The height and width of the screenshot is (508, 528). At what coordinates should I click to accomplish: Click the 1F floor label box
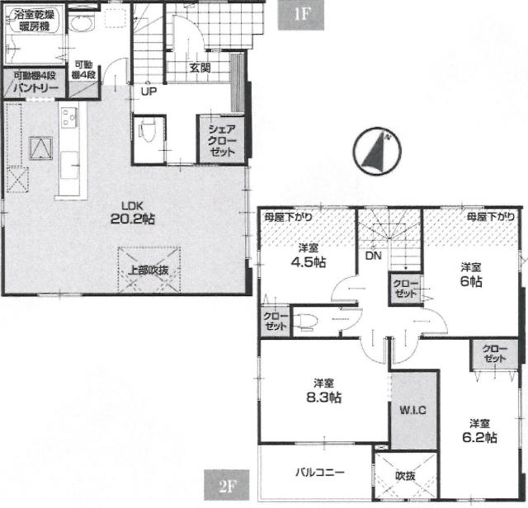click(300, 15)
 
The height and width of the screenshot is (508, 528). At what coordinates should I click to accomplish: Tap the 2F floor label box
click(227, 485)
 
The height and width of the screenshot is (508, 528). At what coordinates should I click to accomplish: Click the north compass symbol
click(377, 151)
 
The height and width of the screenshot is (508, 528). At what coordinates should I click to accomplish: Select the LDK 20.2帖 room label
click(133, 213)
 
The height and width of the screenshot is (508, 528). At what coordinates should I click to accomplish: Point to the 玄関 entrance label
click(200, 68)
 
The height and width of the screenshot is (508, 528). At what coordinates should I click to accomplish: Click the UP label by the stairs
click(148, 92)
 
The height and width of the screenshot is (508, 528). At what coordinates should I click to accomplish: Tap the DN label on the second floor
click(374, 256)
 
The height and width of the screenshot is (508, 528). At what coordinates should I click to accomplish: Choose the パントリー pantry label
click(35, 88)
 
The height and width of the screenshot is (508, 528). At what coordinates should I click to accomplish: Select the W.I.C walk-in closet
click(412, 410)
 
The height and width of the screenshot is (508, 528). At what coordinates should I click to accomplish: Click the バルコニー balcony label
click(320, 472)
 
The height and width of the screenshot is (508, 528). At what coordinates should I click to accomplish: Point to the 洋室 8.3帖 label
click(324, 391)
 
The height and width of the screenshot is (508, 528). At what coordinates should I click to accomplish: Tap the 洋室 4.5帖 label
click(308, 256)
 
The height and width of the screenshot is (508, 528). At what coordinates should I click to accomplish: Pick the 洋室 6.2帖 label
click(479, 431)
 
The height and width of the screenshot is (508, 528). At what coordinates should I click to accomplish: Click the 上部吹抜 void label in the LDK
click(148, 270)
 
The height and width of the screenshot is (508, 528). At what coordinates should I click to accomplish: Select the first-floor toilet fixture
click(147, 132)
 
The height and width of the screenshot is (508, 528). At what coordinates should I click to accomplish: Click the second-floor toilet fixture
click(305, 321)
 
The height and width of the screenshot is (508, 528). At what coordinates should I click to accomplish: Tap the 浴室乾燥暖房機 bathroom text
click(34, 20)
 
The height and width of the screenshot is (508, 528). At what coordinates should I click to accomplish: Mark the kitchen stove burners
click(69, 116)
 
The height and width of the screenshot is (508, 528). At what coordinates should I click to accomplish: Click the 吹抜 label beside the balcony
click(405, 476)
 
